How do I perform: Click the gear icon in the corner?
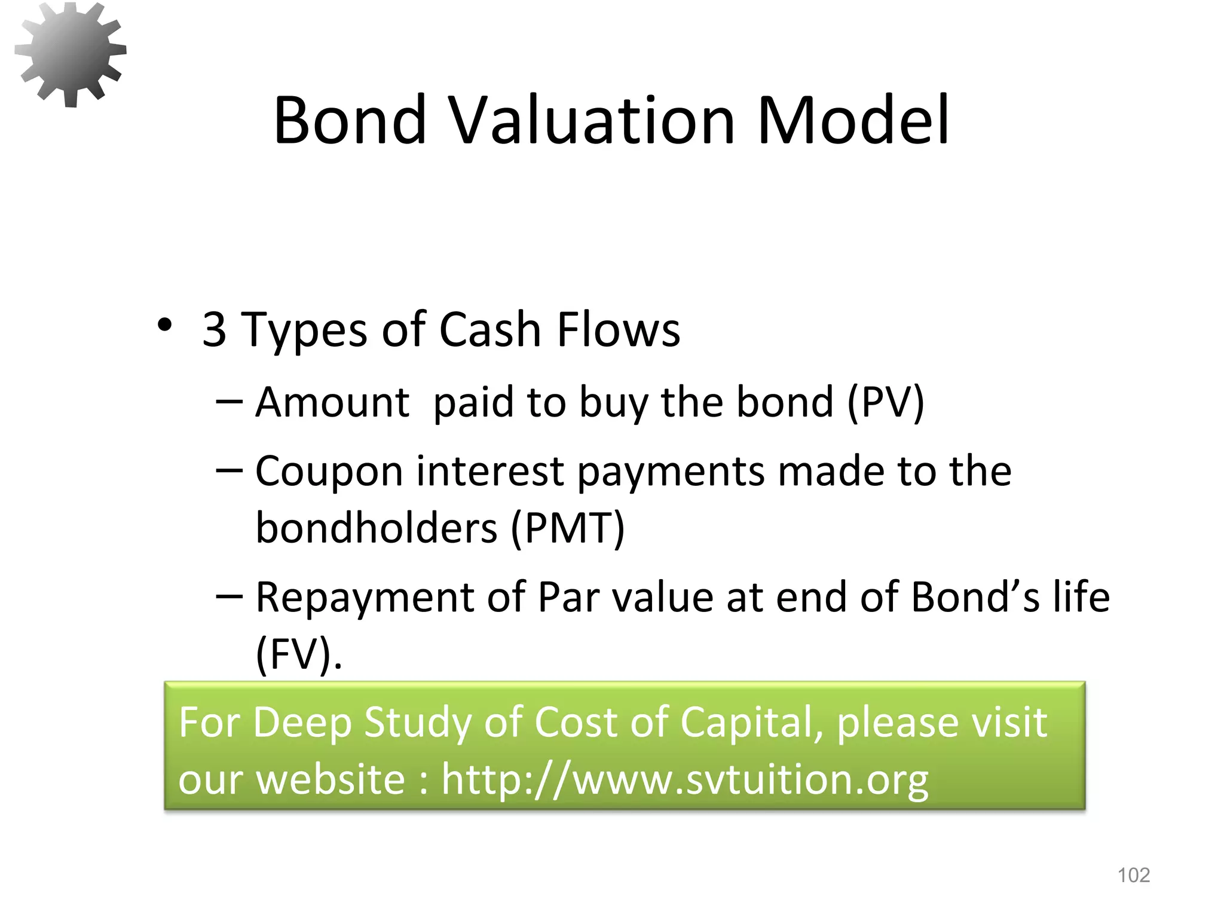pyautogui.click(x=71, y=54)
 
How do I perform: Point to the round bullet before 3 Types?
pyautogui.click(x=164, y=326)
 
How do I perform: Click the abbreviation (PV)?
pyautogui.click(x=886, y=402)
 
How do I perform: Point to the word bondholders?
pyautogui.click(x=376, y=528)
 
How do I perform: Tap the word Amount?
pyautogui.click(x=332, y=402)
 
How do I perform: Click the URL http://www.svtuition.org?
pyautogui.click(x=684, y=780)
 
